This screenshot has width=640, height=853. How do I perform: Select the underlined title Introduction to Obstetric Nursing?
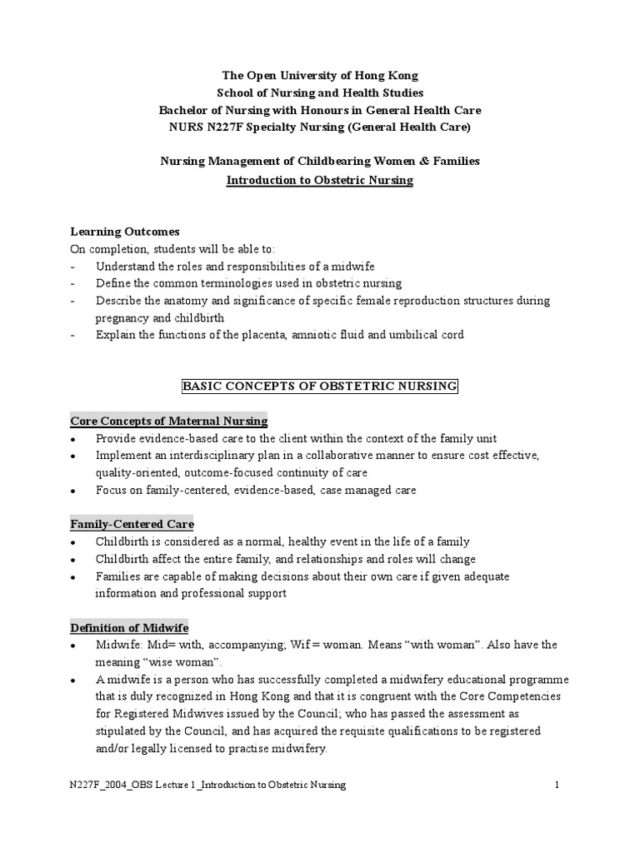coord(320,179)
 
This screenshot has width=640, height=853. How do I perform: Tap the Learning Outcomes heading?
coord(124,231)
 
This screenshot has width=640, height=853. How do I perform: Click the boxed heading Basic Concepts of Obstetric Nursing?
coord(320,387)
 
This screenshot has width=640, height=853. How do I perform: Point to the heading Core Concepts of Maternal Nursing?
coord(168,422)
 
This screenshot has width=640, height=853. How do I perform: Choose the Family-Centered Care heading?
coord(132,524)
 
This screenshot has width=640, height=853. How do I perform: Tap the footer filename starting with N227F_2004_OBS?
coord(207,785)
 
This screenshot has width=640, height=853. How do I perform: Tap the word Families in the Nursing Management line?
coord(457,162)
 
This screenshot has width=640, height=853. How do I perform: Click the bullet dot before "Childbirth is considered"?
coord(75,542)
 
